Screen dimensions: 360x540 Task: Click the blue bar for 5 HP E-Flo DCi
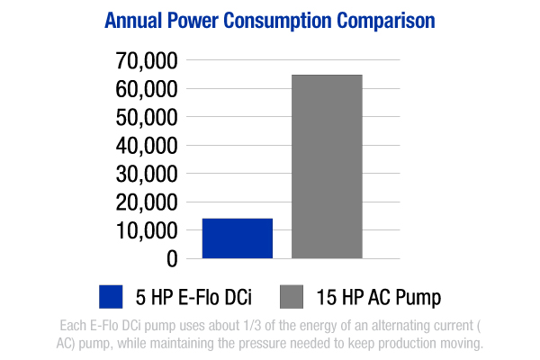(237, 238)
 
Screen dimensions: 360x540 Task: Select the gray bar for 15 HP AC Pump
(327, 166)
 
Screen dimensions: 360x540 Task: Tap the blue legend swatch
(111, 296)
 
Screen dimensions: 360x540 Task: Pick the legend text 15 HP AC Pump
(379, 296)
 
